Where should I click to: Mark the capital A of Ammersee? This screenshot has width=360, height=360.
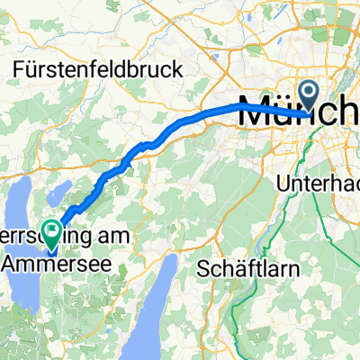[x=11, y=262]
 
